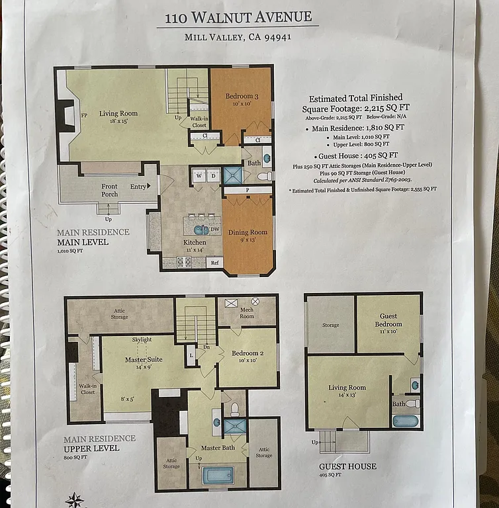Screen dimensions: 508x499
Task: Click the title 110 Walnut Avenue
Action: tap(238, 18)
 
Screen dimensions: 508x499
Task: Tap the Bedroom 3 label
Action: tap(242, 99)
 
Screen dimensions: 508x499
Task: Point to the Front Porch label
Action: tap(109, 190)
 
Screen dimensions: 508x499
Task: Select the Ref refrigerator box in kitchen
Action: tap(214, 263)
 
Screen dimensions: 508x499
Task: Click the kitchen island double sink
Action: tap(201, 230)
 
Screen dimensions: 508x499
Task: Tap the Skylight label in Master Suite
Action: tap(142, 340)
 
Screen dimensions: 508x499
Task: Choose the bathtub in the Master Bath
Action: tap(218, 475)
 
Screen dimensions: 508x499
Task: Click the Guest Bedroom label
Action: tap(388, 321)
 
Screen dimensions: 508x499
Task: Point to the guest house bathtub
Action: tap(406, 421)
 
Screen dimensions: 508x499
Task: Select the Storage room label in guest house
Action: tap(330, 325)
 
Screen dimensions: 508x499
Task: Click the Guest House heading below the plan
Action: tap(347, 466)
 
